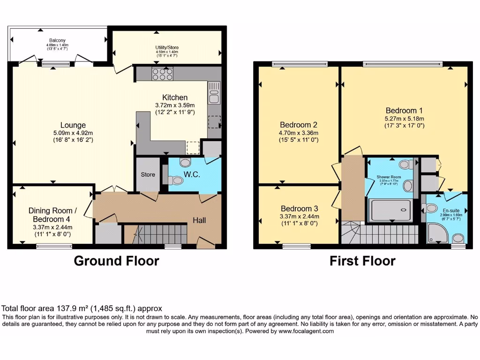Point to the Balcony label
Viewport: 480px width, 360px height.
click(x=57, y=40)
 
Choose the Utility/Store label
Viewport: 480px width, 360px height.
click(x=167, y=48)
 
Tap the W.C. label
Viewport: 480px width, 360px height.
click(x=192, y=174)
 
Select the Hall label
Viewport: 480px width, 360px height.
click(x=200, y=220)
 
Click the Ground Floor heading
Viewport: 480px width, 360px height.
click(x=116, y=261)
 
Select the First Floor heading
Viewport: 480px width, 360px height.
click(x=362, y=261)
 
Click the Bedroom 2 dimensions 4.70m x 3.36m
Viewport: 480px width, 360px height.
click(x=299, y=133)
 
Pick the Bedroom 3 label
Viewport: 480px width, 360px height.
click(x=299, y=209)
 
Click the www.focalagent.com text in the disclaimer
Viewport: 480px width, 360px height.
click(x=306, y=331)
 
